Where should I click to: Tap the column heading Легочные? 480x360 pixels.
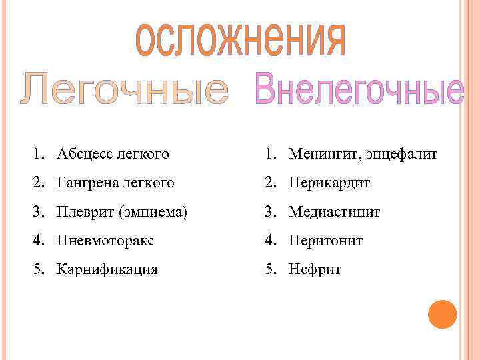(124, 91)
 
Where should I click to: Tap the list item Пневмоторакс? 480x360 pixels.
(105, 241)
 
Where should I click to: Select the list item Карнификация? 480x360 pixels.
(107, 270)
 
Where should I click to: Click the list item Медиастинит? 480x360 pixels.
(334, 212)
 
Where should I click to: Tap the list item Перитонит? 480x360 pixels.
(325, 241)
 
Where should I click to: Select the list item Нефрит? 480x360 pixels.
(315, 270)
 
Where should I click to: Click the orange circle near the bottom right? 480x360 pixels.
(442, 315)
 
